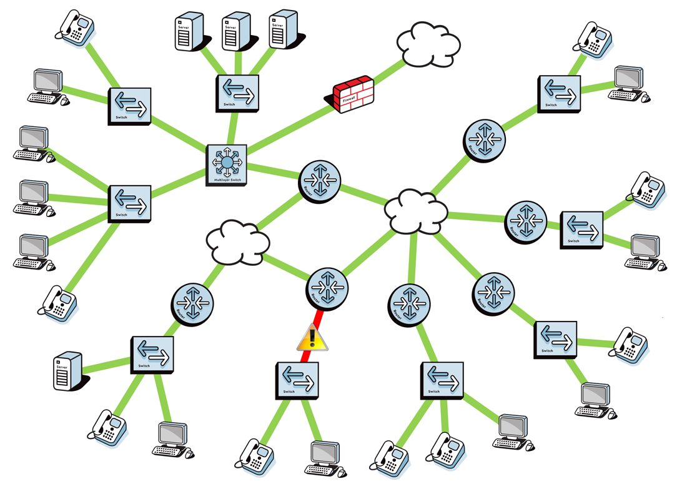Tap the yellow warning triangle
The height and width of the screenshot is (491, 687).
(x=312, y=338)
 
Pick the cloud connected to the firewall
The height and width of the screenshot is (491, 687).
(x=428, y=44)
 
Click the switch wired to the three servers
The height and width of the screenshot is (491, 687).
(x=237, y=93)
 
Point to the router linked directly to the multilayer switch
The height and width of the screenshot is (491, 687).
(x=319, y=181)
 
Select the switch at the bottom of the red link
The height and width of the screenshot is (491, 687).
(x=297, y=380)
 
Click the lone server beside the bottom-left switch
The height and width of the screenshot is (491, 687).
(x=67, y=371)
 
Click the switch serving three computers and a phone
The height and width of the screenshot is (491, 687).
(x=130, y=203)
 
